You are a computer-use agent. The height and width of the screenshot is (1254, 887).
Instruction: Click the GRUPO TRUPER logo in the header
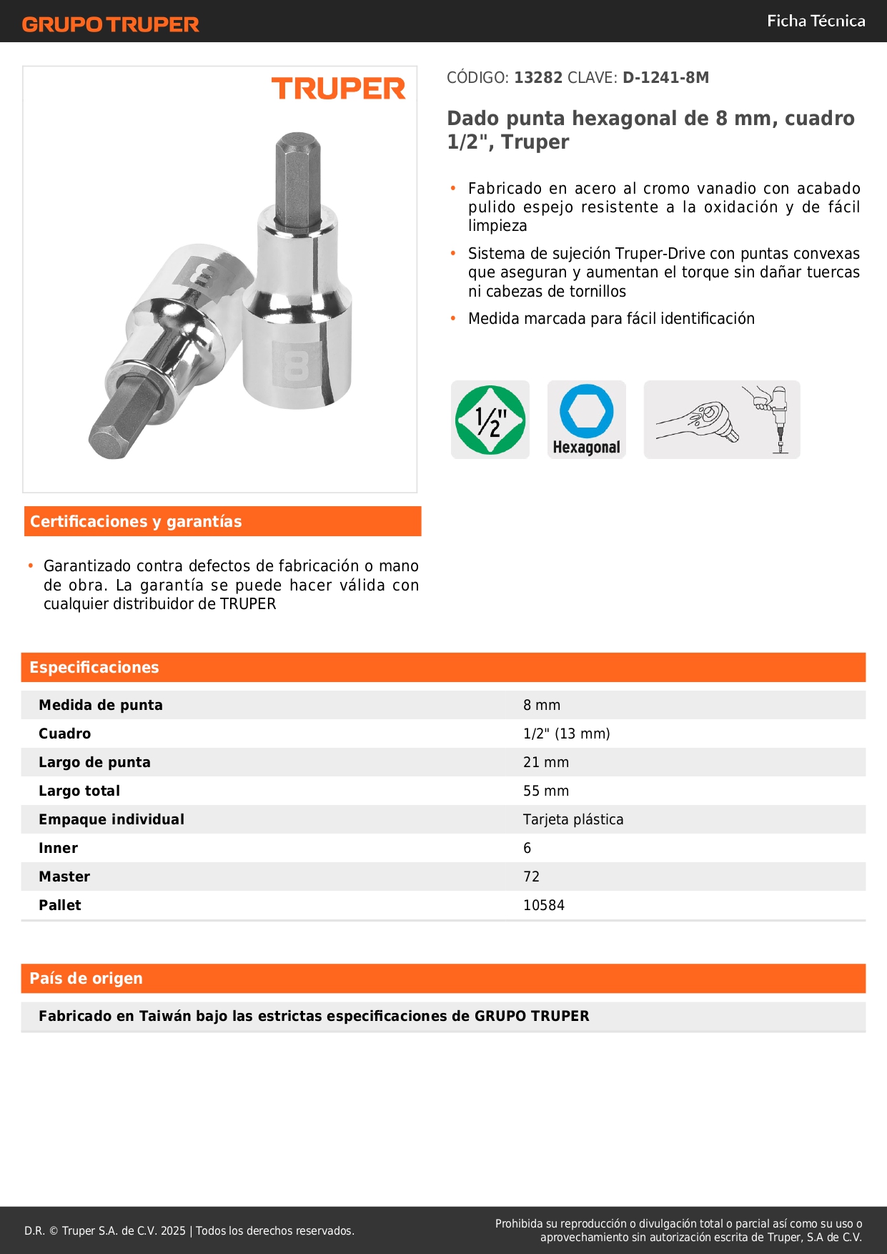point(110,24)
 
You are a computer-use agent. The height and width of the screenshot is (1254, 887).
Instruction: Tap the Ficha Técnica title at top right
point(816,21)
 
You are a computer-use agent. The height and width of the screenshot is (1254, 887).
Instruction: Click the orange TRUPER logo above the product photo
point(338,89)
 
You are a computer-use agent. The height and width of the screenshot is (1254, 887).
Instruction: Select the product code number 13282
point(538,78)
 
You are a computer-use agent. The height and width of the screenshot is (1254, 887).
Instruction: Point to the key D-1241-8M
point(665,78)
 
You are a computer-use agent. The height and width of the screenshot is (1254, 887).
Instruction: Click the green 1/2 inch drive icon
point(490,420)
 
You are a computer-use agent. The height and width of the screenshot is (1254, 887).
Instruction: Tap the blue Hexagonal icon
point(586,420)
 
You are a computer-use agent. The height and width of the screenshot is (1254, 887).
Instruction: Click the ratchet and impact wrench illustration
point(722,420)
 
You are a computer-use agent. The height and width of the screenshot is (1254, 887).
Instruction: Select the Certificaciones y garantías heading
point(136,522)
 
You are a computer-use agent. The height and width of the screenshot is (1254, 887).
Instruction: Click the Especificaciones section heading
point(94,668)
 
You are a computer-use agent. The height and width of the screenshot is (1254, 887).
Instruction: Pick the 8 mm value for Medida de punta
point(542,705)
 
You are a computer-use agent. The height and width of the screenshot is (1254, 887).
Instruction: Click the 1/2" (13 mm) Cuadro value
point(566,734)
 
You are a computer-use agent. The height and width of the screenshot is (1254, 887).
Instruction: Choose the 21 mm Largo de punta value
point(546,762)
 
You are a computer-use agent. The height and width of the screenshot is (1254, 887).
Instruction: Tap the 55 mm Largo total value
point(546,791)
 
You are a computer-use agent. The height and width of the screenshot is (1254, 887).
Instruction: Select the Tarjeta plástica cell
point(573,819)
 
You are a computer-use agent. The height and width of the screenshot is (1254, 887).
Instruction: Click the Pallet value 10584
point(544,905)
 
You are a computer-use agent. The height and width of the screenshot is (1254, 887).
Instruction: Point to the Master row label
point(64,877)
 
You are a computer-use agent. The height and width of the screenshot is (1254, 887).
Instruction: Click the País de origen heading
point(86,979)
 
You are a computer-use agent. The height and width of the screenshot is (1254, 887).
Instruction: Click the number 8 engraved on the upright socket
point(296,365)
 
